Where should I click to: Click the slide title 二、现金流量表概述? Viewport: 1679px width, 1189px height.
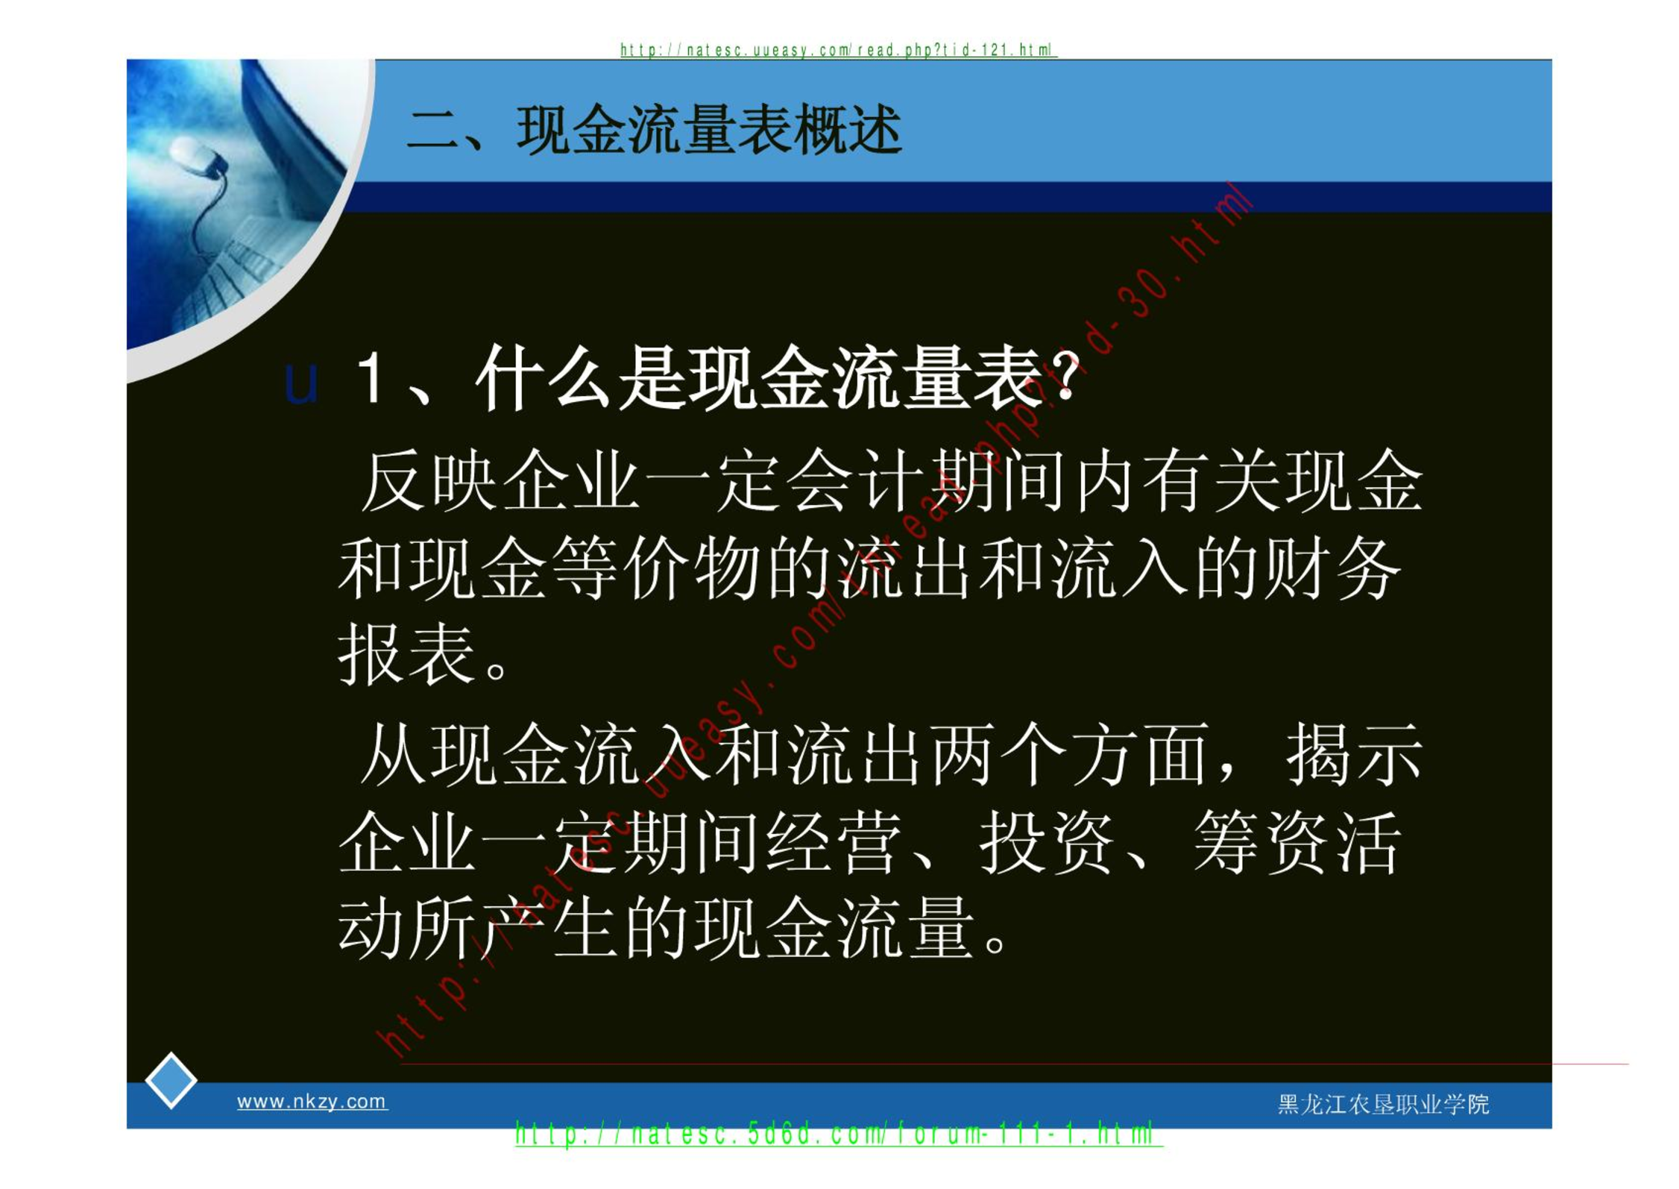(x=654, y=131)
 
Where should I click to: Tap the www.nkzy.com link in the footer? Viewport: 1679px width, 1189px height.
(x=312, y=1101)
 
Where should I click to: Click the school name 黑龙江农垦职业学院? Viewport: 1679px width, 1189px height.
(x=1383, y=1104)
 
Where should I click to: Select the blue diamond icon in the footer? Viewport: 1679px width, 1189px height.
(x=171, y=1080)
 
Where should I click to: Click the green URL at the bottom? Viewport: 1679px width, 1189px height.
(x=839, y=1134)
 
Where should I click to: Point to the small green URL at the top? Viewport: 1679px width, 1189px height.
(x=839, y=50)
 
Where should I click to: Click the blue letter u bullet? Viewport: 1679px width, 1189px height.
(x=301, y=383)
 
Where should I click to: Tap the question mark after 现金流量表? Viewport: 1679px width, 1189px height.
(x=1068, y=377)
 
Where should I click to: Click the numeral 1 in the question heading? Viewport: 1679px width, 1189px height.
(x=371, y=377)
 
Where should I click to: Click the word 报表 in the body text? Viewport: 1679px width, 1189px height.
(x=406, y=654)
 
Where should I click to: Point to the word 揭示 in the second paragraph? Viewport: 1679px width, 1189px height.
(x=1354, y=754)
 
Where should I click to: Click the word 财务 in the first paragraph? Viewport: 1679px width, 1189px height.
(x=1332, y=568)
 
